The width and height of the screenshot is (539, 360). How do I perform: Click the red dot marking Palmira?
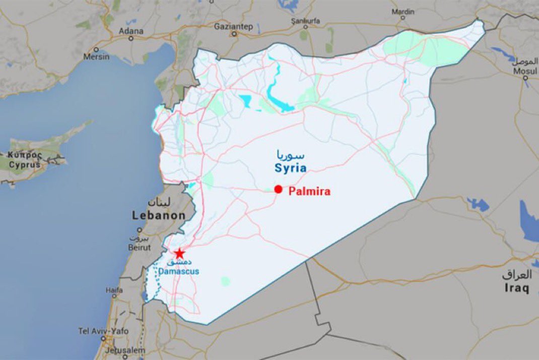pyautogui.click(x=278, y=189)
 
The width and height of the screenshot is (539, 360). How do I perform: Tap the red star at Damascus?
pyautogui.click(x=179, y=253)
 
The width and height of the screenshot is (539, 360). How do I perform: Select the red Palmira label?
pyautogui.click(x=309, y=191)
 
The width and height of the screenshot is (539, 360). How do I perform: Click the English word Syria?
pyautogui.click(x=291, y=167)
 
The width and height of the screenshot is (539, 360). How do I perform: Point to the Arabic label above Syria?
pyautogui.click(x=291, y=154)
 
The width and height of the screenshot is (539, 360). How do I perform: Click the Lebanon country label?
pyautogui.click(x=159, y=215)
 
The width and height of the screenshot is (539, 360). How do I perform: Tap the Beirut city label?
pyautogui.click(x=139, y=248)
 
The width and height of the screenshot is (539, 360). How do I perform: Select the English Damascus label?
pyautogui.click(x=179, y=271)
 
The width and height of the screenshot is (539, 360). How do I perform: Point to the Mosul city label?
pyautogui.click(x=525, y=70)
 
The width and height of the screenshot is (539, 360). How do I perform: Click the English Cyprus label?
pyautogui.click(x=25, y=164)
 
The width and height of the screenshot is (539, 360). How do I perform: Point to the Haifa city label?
pyautogui.click(x=114, y=290)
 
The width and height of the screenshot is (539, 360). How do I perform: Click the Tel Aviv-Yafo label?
pyautogui.click(x=103, y=331)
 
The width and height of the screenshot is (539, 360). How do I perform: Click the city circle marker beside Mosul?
pyautogui.click(x=525, y=78)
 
